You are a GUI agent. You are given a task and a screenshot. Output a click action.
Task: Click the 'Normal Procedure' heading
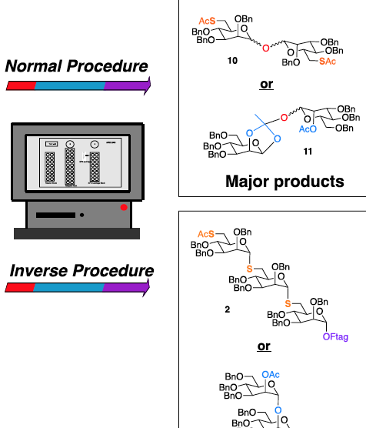click(x=76, y=66)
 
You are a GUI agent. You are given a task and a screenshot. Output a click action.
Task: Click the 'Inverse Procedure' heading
click(x=81, y=271)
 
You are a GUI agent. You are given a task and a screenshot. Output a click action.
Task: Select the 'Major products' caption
click(x=284, y=182)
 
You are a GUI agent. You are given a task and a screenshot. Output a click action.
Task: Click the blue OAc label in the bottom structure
click(x=271, y=374)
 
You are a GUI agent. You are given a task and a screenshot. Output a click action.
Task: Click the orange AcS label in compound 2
click(x=206, y=233)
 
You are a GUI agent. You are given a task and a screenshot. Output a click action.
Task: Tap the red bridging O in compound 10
click(x=265, y=48)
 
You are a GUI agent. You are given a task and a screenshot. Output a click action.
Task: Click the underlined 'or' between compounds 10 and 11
click(x=266, y=83)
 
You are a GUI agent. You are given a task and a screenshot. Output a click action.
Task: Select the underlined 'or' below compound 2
click(x=264, y=346)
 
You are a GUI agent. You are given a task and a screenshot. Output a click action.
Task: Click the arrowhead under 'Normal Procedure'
click(x=146, y=84)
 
